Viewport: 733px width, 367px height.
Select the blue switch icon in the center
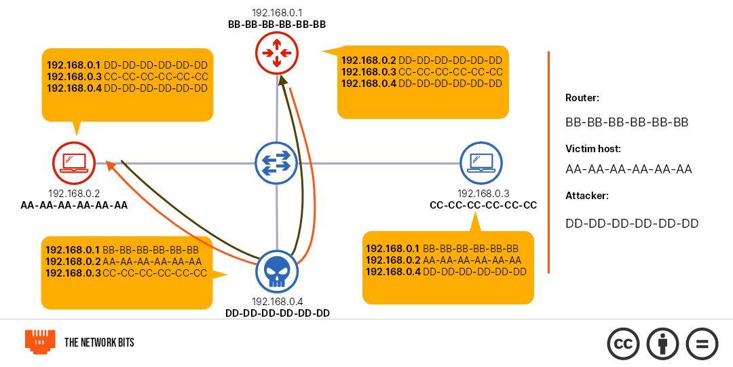click(x=277, y=163)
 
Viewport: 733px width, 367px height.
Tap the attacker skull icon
click(x=277, y=272)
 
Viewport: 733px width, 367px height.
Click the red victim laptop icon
click(x=73, y=163)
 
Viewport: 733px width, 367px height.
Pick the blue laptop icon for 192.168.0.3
click(x=481, y=163)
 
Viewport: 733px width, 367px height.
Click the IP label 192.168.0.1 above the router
click(x=277, y=13)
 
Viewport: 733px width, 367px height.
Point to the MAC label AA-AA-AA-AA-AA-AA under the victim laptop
click(x=74, y=205)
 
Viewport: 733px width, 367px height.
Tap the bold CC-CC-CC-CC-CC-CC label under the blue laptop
click(x=483, y=205)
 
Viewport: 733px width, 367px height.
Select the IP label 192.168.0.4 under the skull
click(x=277, y=302)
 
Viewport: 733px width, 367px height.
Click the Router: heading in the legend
click(x=582, y=98)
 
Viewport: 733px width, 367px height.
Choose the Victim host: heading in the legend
click(x=593, y=148)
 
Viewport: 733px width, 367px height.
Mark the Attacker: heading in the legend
click(x=587, y=196)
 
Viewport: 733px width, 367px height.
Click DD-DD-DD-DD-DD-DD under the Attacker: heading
click(x=632, y=224)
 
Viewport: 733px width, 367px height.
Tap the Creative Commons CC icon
click(x=624, y=343)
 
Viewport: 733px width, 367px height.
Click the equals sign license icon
click(x=702, y=343)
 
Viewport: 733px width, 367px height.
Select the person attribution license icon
click(x=663, y=343)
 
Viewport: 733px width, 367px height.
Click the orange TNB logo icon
click(x=40, y=342)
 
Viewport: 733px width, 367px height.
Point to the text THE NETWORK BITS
click(x=99, y=343)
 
